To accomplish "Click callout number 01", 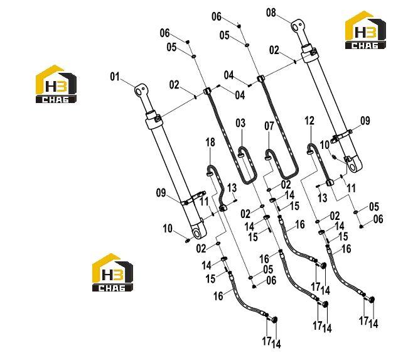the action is (115, 77).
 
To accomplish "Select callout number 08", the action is (271, 13).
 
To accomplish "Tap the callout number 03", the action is (240, 123).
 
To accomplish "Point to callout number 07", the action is (269, 126).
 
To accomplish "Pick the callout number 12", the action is (309, 121).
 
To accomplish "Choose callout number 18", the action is (210, 142).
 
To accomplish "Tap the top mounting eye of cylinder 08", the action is (298, 26).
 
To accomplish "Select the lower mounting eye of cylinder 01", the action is (198, 232).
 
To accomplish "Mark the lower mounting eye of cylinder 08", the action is (354, 165).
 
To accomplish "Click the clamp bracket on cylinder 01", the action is (193, 198).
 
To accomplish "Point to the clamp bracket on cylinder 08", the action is (341, 136).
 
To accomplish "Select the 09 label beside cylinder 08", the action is (365, 121).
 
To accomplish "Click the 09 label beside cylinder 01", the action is (161, 193).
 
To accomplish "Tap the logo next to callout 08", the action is (365, 30).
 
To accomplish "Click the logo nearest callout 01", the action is (56, 84).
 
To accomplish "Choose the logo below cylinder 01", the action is (112, 272).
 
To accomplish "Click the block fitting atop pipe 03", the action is (207, 91).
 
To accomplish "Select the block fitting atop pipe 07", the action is (260, 78).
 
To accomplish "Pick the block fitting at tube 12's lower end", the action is (330, 182).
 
